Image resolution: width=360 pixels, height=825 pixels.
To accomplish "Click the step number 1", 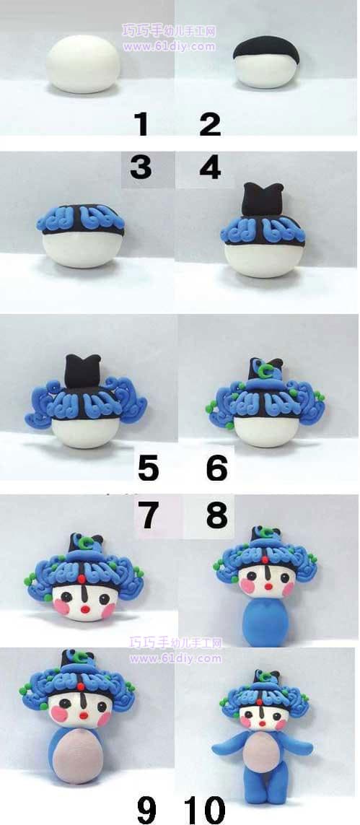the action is tap(141, 124).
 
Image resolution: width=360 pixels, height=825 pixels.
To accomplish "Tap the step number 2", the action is tap(210, 124).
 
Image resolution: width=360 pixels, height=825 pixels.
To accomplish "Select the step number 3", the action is tap(141, 167).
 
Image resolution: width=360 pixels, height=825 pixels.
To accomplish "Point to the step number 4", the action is tap(211, 167).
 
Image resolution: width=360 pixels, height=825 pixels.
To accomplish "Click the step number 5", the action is tap(148, 468).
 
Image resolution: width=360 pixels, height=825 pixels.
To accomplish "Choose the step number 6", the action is tap(217, 468).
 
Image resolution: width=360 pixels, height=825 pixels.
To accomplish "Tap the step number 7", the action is tap(148, 515).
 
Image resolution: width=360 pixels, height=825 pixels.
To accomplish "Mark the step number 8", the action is tap(217, 515).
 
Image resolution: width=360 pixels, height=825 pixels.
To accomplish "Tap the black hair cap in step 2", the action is tap(266, 48).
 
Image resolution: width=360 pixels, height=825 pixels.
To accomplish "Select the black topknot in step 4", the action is tap(261, 199).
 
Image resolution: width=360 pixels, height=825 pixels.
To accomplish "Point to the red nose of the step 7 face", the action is tap(86, 610).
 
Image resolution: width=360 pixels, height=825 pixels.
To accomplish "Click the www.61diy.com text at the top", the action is tap(170, 46).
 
